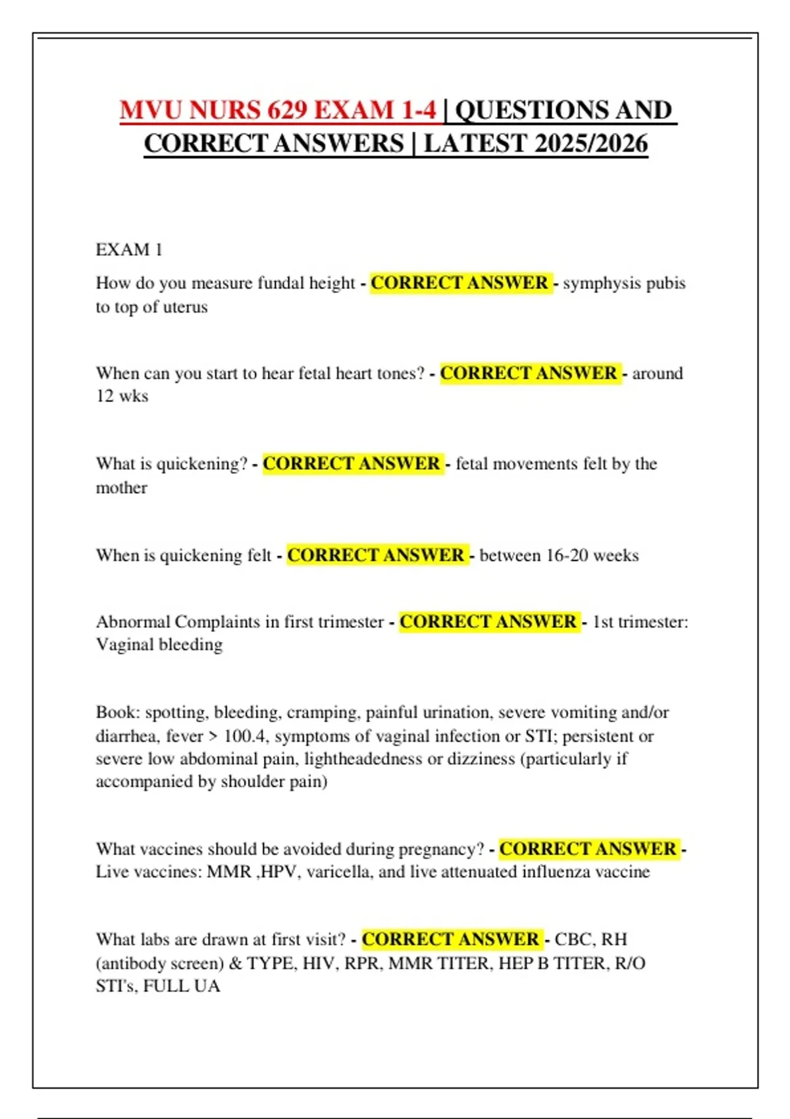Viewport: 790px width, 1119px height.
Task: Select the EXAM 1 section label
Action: tap(129, 249)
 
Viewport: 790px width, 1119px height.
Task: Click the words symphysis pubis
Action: tap(624, 283)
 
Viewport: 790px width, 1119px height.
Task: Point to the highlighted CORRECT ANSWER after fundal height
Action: tap(460, 283)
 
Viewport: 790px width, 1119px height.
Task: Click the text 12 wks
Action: tap(122, 396)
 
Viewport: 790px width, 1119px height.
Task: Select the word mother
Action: tap(122, 488)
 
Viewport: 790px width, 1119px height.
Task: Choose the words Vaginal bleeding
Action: tap(159, 644)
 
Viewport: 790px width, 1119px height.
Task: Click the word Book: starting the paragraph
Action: tap(118, 712)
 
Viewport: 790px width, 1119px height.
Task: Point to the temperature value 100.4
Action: tap(246, 736)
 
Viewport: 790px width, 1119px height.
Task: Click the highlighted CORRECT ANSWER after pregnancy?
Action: tap(588, 849)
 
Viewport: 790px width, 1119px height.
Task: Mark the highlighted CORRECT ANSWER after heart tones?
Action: tap(529, 373)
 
